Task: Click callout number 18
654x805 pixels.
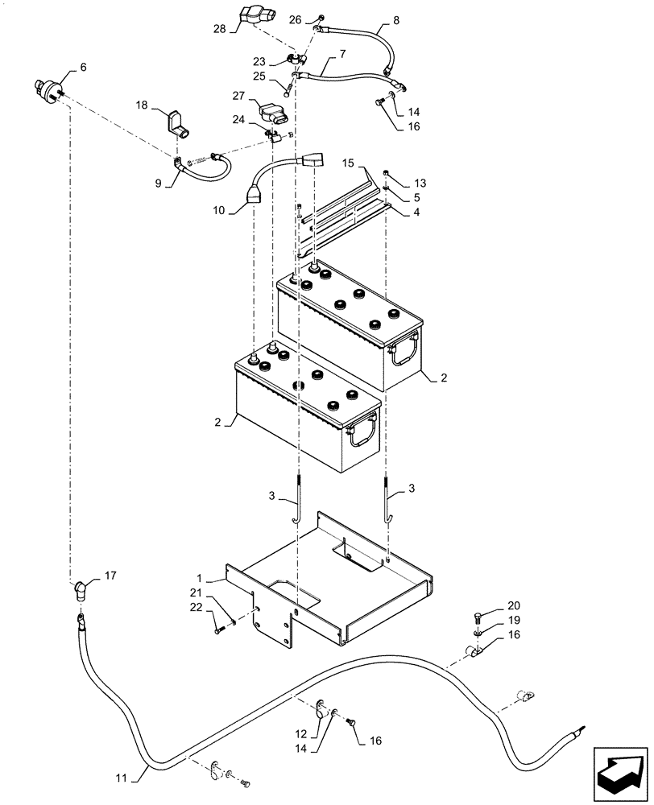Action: click(x=141, y=106)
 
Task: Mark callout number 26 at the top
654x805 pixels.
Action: click(x=295, y=19)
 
